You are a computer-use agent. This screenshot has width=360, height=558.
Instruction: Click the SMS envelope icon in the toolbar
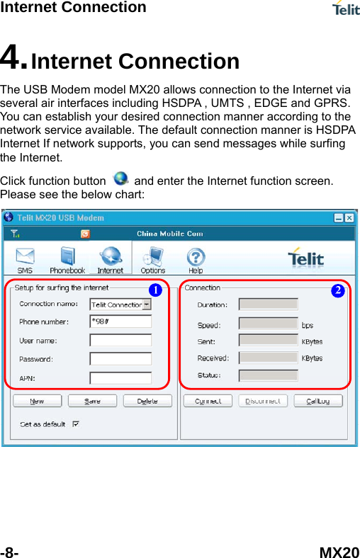coord(25,256)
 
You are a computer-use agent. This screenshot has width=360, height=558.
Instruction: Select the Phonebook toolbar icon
coord(67,256)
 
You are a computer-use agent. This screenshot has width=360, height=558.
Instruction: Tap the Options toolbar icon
coord(153,256)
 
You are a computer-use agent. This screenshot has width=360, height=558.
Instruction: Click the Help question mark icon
coord(196,256)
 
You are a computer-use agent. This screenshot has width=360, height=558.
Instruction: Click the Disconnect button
coord(263,401)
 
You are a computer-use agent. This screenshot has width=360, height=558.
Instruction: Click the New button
coord(37,401)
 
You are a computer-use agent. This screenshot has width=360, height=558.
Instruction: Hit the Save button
coord(92,401)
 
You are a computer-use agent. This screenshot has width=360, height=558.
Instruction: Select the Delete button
coord(147,401)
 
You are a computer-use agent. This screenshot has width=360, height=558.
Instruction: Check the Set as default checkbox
coord(75,425)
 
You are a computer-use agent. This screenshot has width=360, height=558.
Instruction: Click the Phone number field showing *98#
coord(120,321)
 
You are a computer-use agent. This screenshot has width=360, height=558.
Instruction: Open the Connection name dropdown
coord(147,304)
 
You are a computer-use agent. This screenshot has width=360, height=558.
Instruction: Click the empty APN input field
coord(120,377)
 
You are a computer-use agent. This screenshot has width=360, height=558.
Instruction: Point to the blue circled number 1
coord(154,290)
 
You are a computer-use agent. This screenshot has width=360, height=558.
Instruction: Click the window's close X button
coord(350,218)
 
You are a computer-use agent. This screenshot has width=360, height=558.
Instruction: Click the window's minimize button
coord(339,218)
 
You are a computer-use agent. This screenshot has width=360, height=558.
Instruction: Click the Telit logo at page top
coord(345,8)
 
